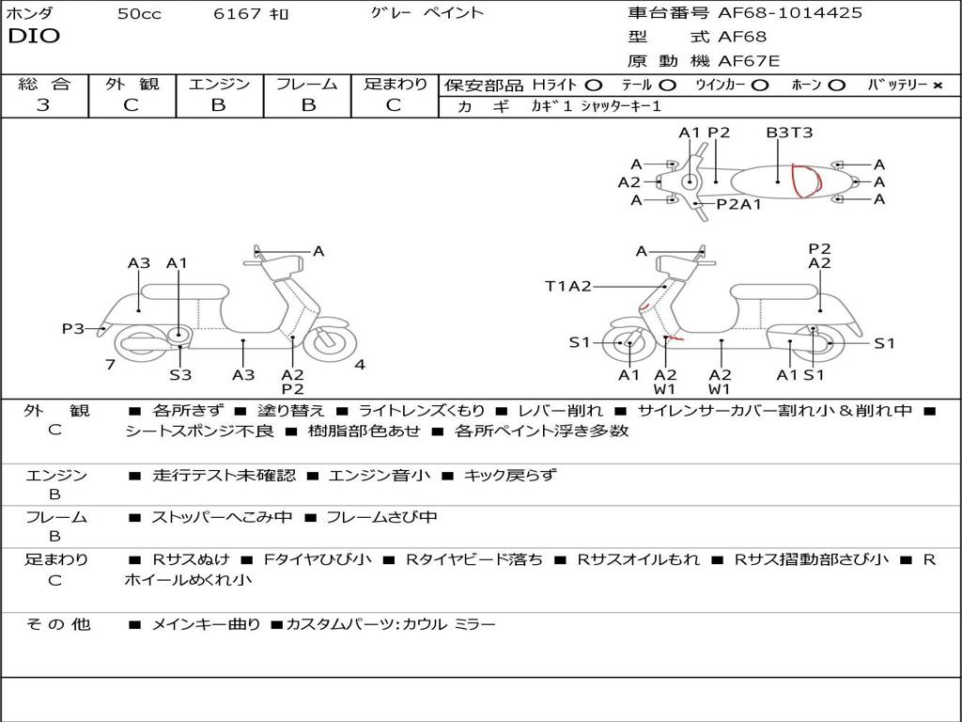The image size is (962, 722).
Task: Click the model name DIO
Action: click(34, 37)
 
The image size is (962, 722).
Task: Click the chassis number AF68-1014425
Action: click(776, 13)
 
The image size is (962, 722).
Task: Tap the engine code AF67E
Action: click(750, 62)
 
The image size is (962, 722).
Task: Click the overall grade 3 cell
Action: click(43, 105)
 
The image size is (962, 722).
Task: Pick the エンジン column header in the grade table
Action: click(219, 84)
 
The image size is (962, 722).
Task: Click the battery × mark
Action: click(937, 86)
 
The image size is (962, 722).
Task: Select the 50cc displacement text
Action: click(139, 14)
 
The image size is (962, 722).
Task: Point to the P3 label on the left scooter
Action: click(73, 329)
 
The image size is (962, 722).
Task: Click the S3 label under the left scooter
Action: click(180, 375)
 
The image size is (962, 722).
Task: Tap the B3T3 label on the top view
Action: click(789, 133)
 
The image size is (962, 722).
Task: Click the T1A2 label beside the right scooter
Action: click(568, 287)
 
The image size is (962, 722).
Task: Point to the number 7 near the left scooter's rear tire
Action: click(111, 365)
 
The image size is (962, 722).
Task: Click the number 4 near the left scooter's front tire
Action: click(360, 365)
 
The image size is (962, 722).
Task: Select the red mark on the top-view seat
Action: click(803, 181)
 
